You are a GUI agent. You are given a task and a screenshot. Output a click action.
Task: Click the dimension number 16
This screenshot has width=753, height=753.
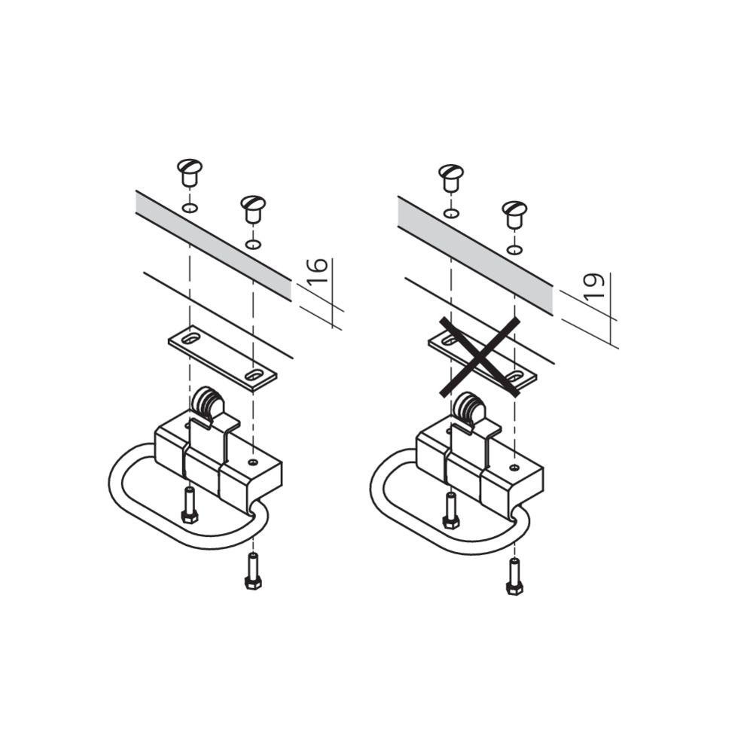pyautogui.click(x=318, y=270)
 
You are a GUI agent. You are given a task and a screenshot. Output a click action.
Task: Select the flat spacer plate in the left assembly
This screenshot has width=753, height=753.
pyautogui.click(x=223, y=358)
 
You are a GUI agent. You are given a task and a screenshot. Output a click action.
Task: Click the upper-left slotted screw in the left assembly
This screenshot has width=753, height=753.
pyautogui.click(x=190, y=172)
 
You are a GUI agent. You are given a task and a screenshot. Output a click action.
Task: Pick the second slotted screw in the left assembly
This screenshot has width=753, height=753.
pyautogui.click(x=253, y=208)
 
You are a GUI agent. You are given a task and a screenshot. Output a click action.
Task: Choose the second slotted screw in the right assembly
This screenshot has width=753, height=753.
pyautogui.click(x=514, y=213)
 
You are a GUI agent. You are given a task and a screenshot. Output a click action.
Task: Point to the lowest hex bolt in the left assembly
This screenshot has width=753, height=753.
pyautogui.click(x=253, y=571)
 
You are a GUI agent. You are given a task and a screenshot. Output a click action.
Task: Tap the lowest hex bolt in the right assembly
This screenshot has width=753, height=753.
pyautogui.click(x=514, y=576)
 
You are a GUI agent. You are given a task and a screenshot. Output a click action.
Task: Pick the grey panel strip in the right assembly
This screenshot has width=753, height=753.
pyautogui.click(x=475, y=255)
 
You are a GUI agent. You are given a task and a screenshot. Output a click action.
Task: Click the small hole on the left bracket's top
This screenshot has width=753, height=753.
pyautogui.click(x=253, y=462)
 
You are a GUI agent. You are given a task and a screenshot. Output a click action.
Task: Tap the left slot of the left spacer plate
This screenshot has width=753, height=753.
pyautogui.click(x=191, y=339)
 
